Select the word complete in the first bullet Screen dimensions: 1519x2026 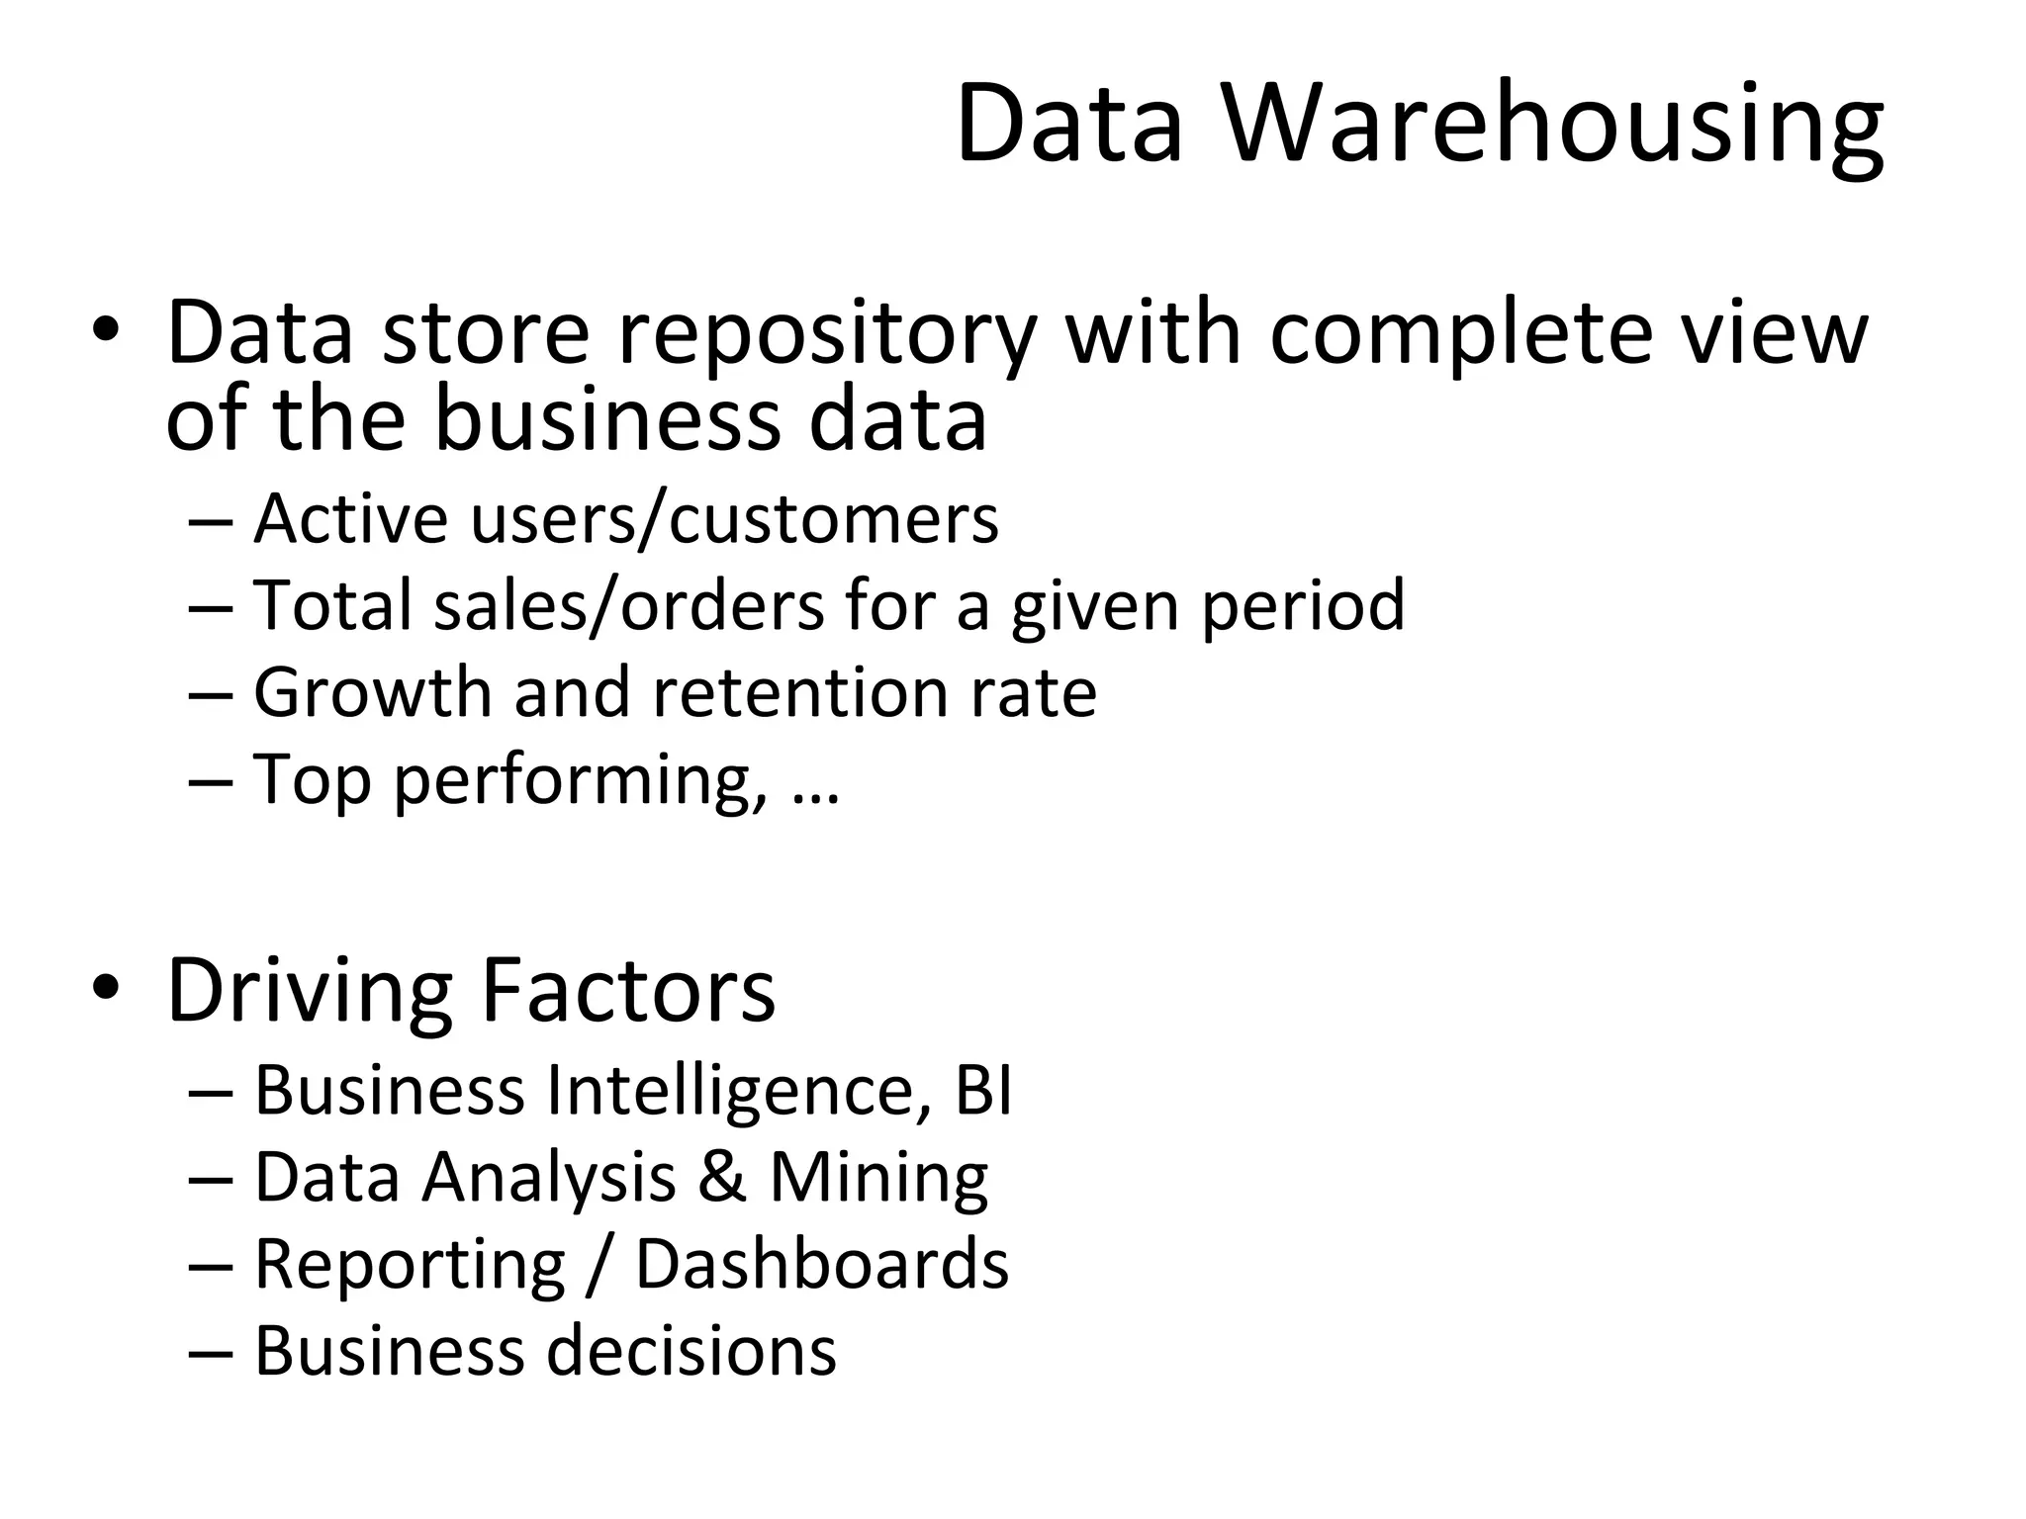1460,334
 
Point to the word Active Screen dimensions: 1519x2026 350,518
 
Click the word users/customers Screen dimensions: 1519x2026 735,518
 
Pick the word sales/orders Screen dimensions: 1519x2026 629,605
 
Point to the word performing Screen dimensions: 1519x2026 580,780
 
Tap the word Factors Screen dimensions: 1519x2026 628,990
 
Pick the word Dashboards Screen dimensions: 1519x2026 821,1264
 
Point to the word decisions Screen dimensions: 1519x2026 691,1351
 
